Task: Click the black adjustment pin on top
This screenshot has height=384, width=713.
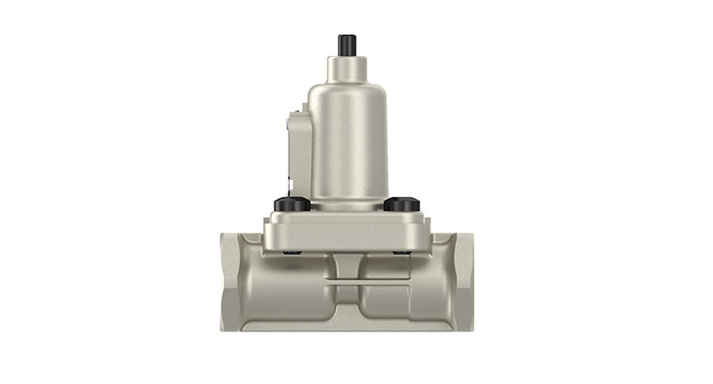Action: (x=347, y=45)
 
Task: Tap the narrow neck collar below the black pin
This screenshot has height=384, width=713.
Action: (x=347, y=66)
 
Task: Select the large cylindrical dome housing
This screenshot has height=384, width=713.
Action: (x=347, y=143)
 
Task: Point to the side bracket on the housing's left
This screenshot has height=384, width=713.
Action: (x=296, y=151)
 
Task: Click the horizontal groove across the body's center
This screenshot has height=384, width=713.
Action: (x=347, y=283)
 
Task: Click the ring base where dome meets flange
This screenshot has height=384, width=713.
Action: (x=347, y=207)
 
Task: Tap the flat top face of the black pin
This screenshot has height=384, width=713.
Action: (x=347, y=37)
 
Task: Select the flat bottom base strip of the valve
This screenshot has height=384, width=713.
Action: (x=347, y=326)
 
